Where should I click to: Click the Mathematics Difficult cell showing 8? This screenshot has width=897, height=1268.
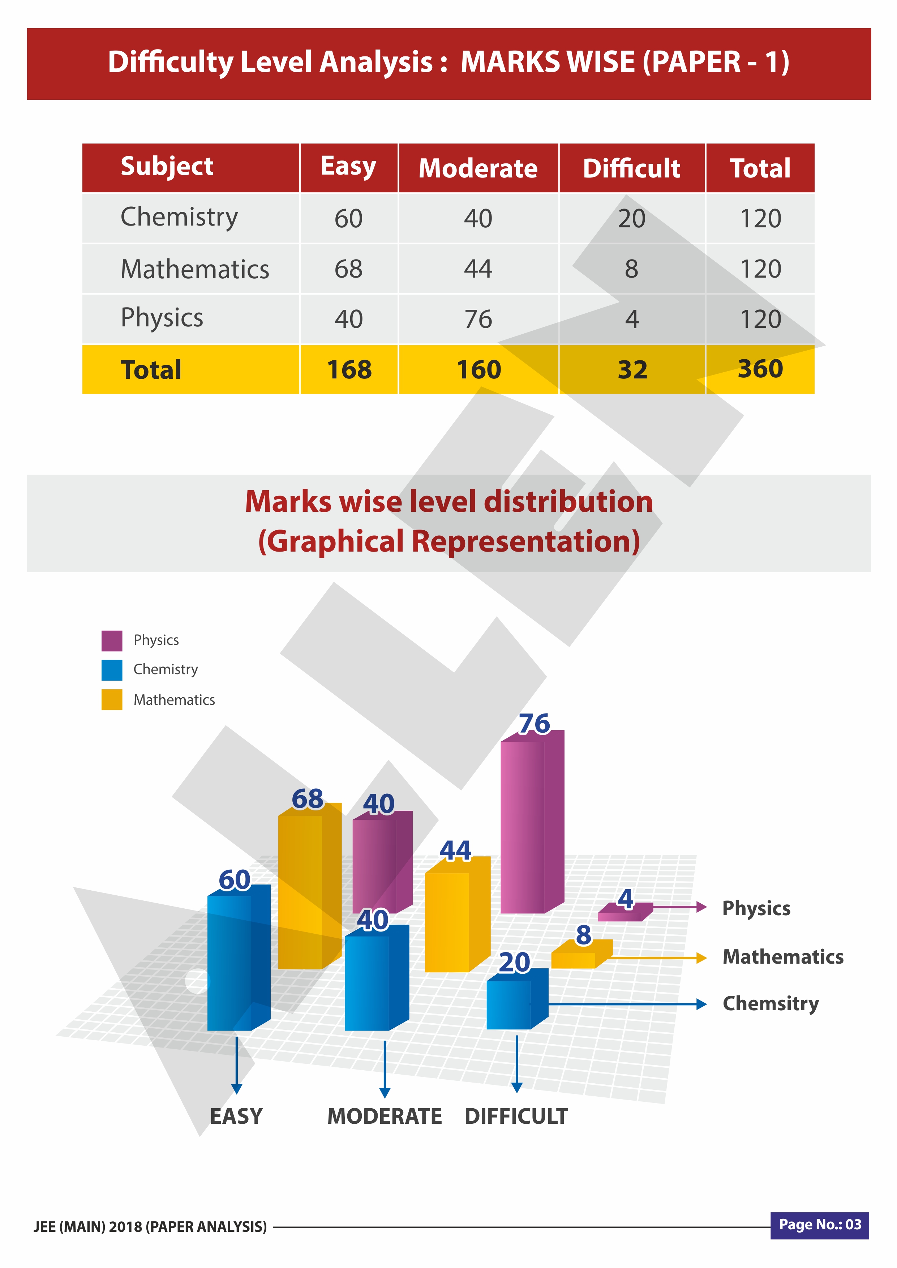pyautogui.click(x=631, y=269)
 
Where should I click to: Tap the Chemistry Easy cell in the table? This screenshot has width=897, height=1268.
pyautogui.click(x=348, y=218)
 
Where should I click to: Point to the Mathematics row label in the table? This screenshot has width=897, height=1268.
pyautogui.click(x=195, y=269)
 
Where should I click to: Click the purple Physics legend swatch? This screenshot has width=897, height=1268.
pyautogui.click(x=112, y=641)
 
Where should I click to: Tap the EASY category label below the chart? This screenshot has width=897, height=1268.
pyautogui.click(x=236, y=1116)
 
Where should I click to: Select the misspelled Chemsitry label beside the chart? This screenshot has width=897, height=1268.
pyautogui.click(x=771, y=1003)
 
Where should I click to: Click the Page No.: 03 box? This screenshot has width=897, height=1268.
pyautogui.click(x=820, y=1225)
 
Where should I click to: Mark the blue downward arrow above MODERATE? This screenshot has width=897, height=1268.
pyautogui.click(x=385, y=1068)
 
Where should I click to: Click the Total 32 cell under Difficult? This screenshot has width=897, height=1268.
pyautogui.click(x=632, y=369)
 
